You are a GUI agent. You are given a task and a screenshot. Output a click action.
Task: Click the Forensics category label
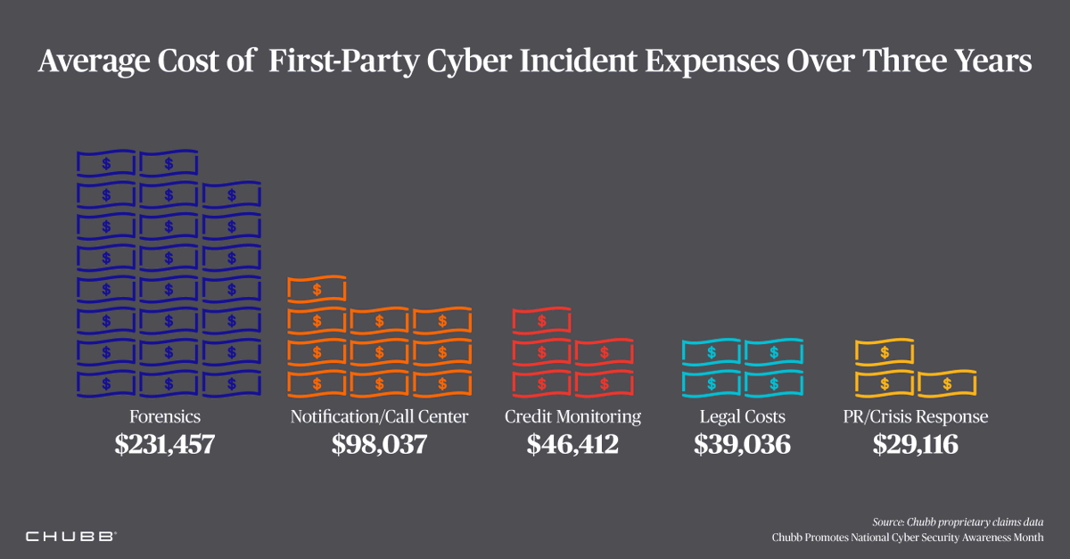click(165, 416)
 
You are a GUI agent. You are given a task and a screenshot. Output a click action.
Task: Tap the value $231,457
click(165, 444)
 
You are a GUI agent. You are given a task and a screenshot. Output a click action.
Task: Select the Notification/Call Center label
click(379, 416)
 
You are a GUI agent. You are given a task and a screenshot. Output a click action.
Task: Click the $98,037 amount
click(379, 444)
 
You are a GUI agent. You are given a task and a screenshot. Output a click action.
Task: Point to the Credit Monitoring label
click(572, 416)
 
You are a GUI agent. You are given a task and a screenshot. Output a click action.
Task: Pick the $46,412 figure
click(572, 444)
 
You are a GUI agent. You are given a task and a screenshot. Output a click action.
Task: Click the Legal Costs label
click(742, 416)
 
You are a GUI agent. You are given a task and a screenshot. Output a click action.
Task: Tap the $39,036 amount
click(742, 444)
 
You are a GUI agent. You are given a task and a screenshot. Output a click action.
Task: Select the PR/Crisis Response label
click(916, 416)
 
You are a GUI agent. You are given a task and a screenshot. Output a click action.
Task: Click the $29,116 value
click(916, 444)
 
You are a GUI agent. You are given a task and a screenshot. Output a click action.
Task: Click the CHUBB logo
click(70, 537)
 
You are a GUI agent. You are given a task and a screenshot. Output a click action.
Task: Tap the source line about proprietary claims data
click(959, 522)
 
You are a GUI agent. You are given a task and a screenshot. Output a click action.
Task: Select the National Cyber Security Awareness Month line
click(908, 538)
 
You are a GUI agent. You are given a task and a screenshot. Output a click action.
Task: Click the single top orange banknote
click(317, 290)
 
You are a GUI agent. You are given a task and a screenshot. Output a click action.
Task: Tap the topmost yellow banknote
click(885, 352)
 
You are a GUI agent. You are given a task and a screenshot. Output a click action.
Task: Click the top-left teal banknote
click(711, 352)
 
